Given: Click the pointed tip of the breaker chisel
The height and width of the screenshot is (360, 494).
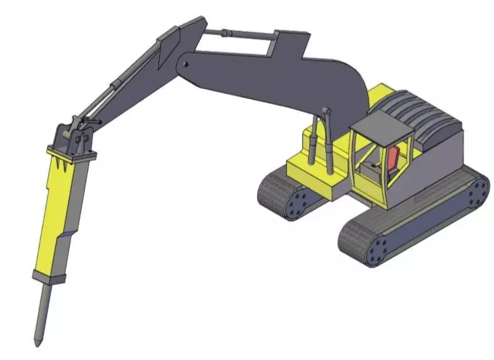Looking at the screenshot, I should coord(38,342).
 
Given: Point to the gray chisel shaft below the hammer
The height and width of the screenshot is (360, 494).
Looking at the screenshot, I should coord(43,311).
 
